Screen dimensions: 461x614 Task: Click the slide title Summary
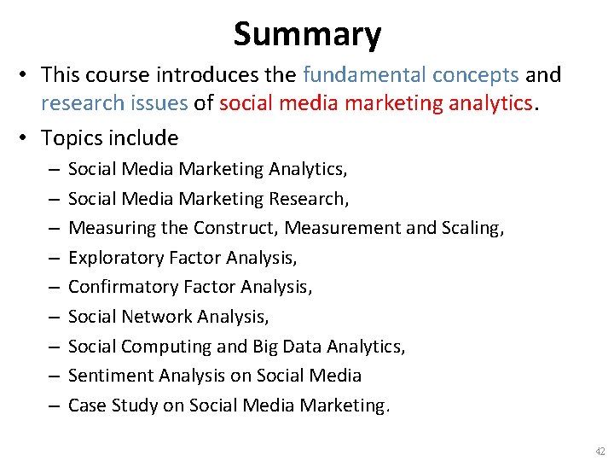coord(307,34)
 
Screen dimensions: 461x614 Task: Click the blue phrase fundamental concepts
coord(410,75)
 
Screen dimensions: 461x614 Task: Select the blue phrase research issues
coord(114,103)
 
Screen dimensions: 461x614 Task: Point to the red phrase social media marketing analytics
coord(376,103)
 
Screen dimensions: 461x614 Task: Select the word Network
coord(158,317)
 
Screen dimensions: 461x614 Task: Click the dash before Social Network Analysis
coord(52,317)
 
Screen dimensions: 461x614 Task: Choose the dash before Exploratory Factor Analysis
coord(52,258)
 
